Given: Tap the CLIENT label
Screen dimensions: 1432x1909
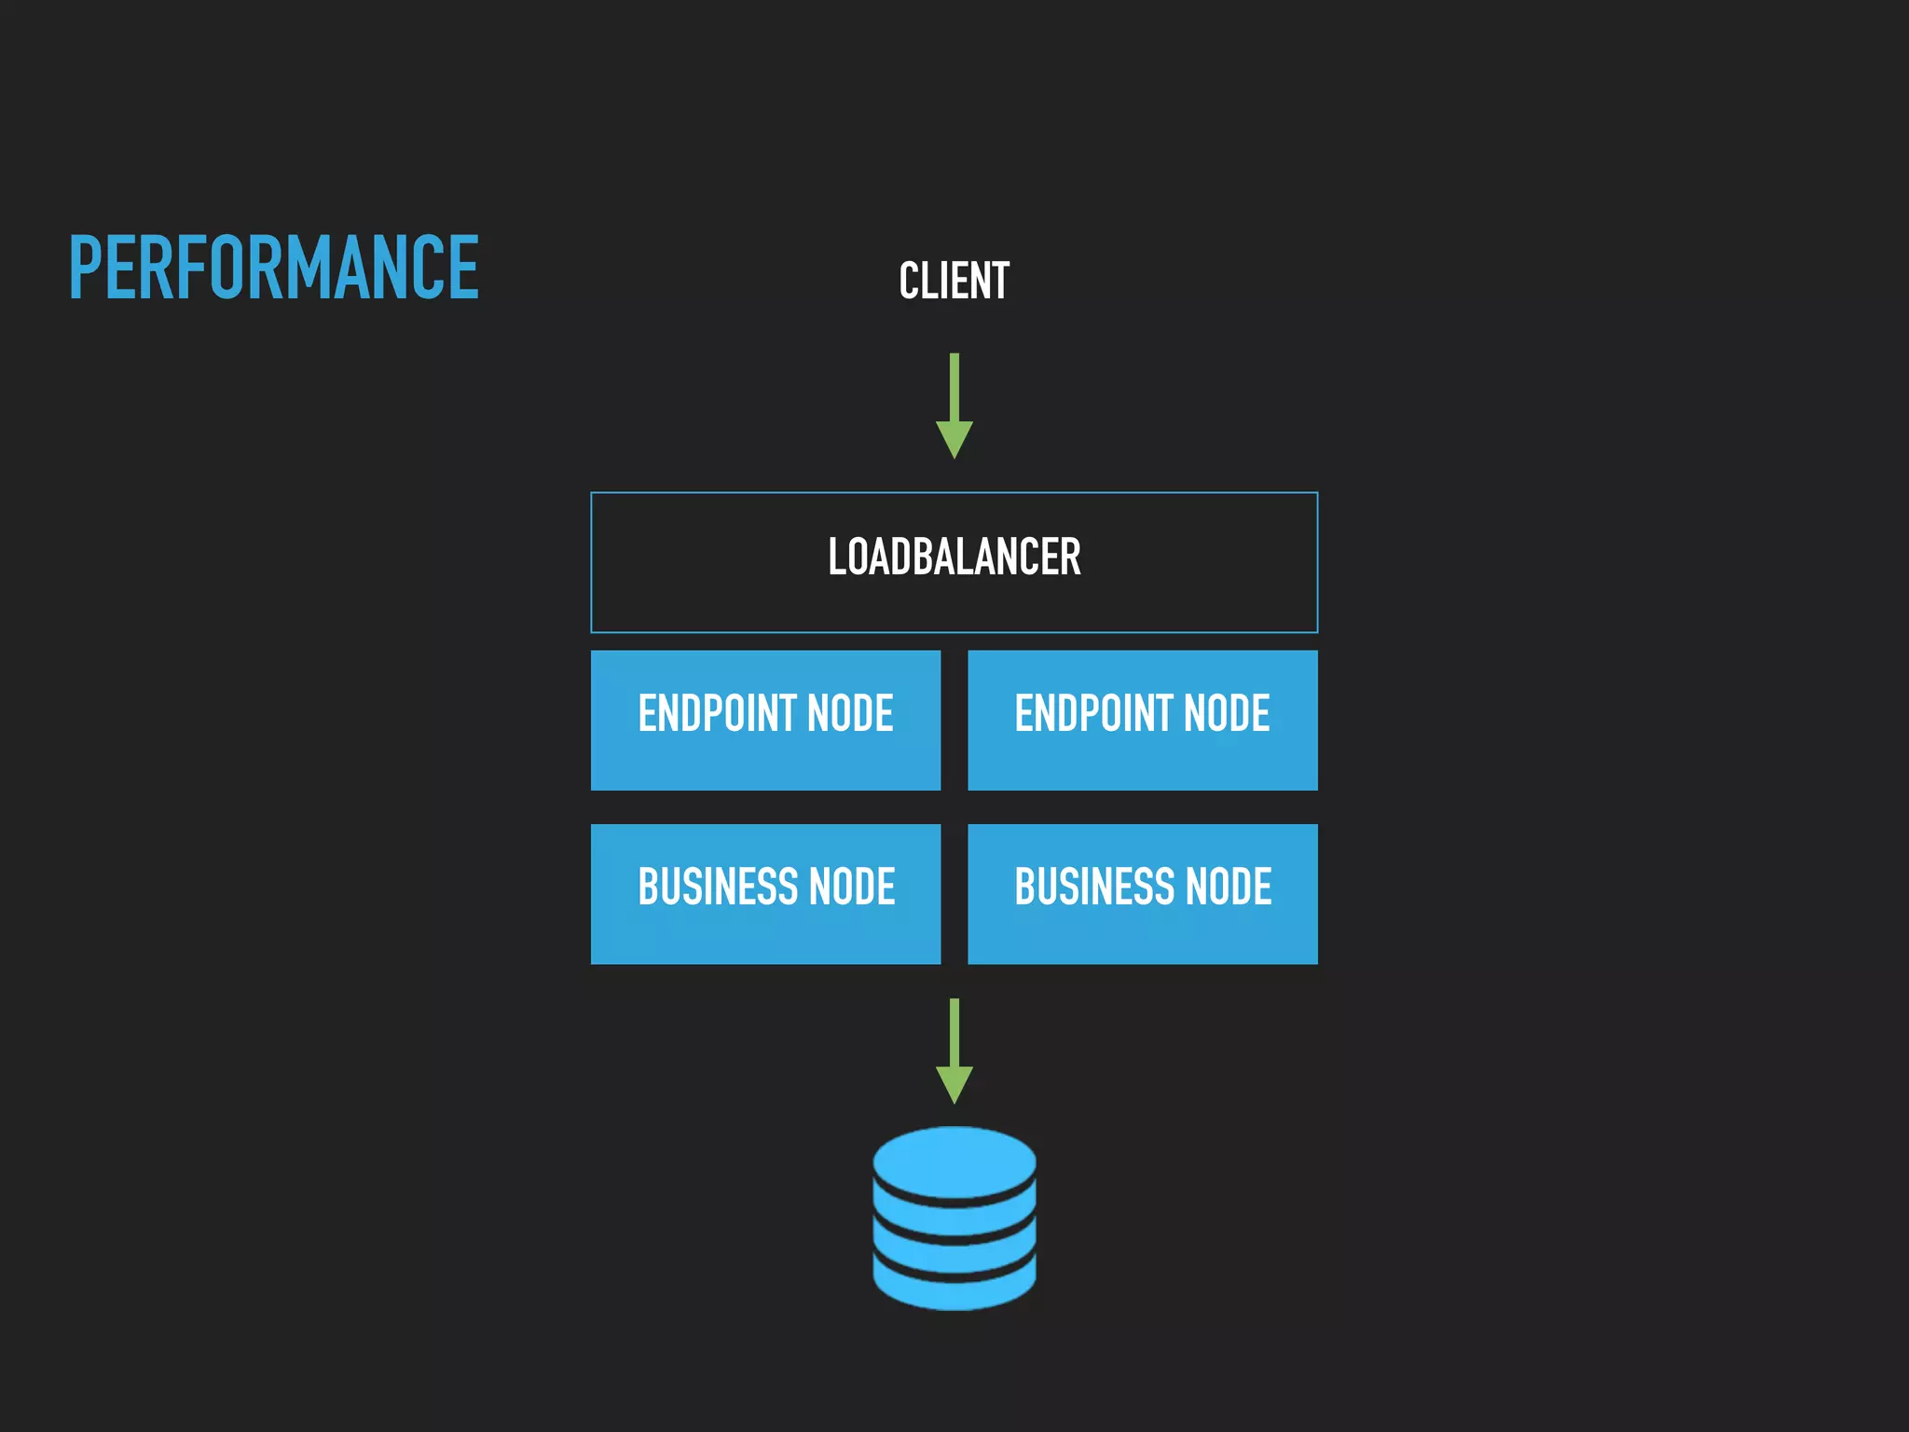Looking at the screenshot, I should pos(954,281).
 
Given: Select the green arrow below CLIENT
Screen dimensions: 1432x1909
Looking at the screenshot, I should pos(954,405).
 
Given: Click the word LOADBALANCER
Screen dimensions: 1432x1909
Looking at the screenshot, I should pos(954,558).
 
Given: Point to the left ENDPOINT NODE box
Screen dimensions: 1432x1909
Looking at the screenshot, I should pos(765,720).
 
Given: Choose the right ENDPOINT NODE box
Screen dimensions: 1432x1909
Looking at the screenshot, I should pos(1142,720).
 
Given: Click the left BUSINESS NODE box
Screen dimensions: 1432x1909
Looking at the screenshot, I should pos(765,893).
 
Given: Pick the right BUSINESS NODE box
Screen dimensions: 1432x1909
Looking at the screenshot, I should pos(1142,893).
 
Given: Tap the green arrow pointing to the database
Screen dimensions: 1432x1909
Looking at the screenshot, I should pos(954,1050).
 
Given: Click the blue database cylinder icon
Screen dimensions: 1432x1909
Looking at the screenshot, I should pos(954,1218).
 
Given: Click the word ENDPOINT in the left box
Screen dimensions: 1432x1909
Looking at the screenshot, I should pos(717,713).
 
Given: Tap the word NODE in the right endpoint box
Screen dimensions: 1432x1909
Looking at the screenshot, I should pos(1226,713).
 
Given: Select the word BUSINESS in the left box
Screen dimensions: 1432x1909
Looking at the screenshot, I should pos(717,887).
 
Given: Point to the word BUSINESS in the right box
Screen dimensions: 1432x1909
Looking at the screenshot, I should pos(1094,887).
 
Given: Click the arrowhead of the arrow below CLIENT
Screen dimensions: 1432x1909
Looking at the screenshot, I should pos(954,438).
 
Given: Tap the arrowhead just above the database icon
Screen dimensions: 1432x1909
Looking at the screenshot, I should pos(954,1083).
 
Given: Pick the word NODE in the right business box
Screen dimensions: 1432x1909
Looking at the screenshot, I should pos(1228,887).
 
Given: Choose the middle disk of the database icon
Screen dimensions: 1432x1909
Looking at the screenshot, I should pos(954,1223).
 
